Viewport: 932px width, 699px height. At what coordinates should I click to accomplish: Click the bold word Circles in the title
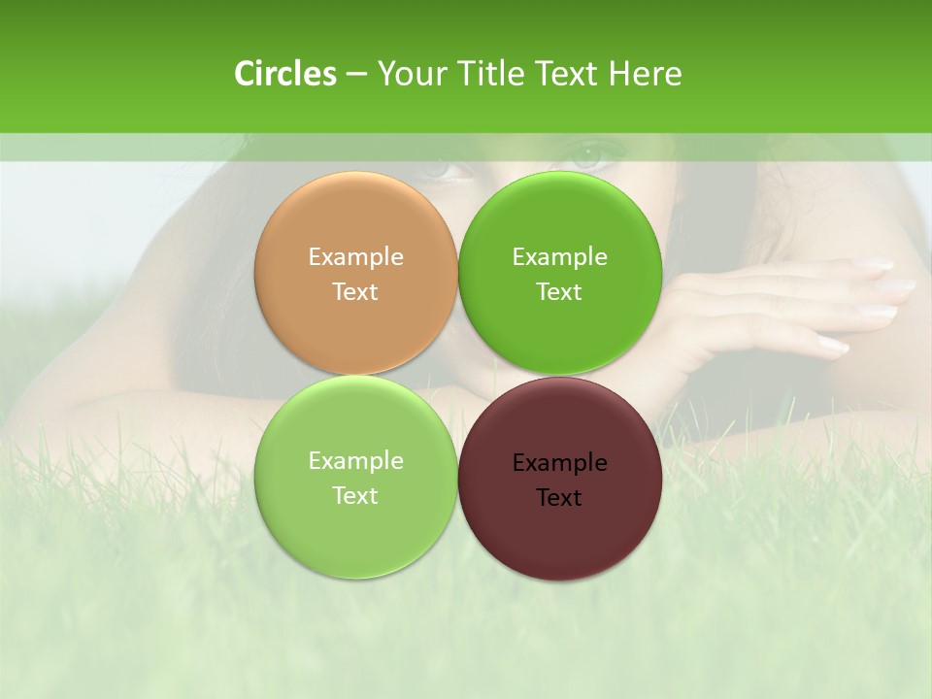pyautogui.click(x=285, y=74)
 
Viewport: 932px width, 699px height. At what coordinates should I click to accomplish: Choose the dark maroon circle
pyautogui.click(x=559, y=529)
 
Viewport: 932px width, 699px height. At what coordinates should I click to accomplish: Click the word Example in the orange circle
pyautogui.click(x=355, y=257)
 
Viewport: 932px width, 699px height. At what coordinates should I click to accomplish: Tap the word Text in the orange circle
pyautogui.click(x=355, y=291)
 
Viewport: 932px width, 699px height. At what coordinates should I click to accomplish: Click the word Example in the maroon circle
pyautogui.click(x=559, y=463)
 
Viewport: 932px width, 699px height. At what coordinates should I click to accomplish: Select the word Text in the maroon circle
pyautogui.click(x=559, y=497)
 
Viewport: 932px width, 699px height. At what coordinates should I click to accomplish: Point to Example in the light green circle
pyautogui.click(x=355, y=461)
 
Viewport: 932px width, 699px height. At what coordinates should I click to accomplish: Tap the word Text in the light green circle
pyautogui.click(x=355, y=495)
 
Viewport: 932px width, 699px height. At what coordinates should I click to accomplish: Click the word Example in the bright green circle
pyautogui.click(x=559, y=257)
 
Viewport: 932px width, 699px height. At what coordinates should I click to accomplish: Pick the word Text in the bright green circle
pyautogui.click(x=559, y=291)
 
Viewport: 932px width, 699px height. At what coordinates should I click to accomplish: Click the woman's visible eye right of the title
pyautogui.click(x=594, y=152)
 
